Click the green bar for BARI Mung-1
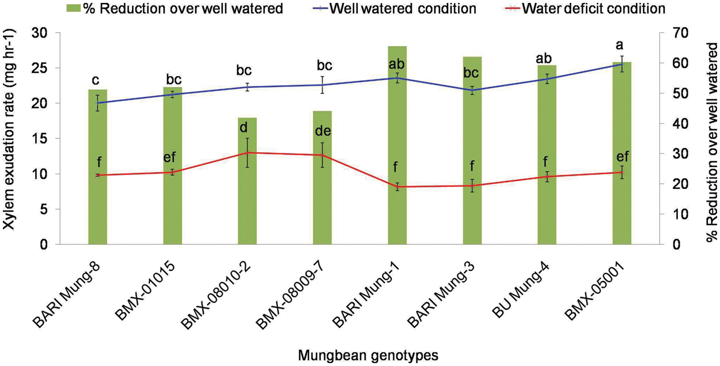point(397,144)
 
